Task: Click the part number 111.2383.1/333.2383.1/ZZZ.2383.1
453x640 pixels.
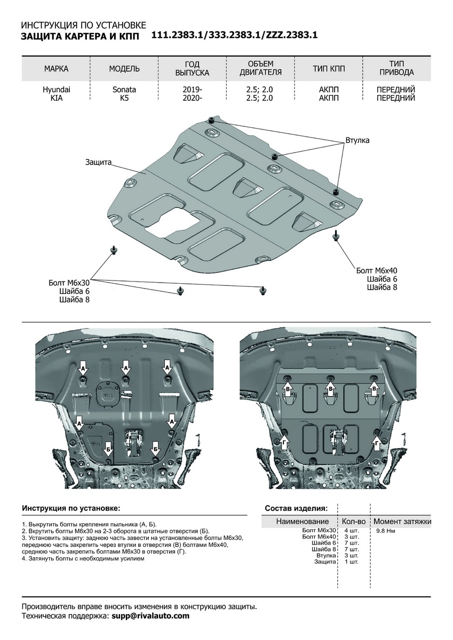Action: pos(234,36)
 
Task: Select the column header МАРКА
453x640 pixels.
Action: pos(56,69)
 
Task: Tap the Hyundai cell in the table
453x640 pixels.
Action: pos(56,90)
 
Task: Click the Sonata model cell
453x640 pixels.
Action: pos(124,90)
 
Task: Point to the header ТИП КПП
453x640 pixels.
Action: pos(329,69)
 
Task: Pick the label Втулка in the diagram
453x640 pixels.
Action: pos(357,140)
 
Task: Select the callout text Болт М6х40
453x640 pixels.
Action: pos(377,271)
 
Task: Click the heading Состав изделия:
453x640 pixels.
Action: pos(296,508)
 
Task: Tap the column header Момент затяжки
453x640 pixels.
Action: pos(402,521)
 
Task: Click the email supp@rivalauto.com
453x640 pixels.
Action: pos(150,615)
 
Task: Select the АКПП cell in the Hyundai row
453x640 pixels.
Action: pos(329,90)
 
